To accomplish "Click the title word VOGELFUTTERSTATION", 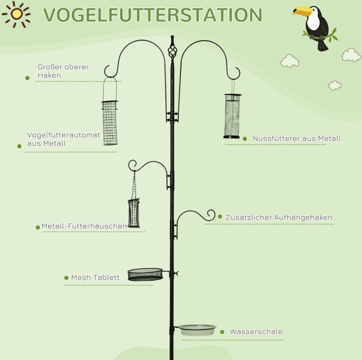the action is (153, 15).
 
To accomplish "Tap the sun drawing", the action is (16, 14).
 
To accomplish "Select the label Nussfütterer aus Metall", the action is (297, 139).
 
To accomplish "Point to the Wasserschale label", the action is (256, 332).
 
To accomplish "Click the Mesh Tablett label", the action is (96, 277).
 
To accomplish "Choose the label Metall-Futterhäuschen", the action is (84, 226).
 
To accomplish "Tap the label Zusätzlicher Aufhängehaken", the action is (279, 217).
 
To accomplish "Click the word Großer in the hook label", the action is (50, 67).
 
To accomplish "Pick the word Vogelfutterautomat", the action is (64, 135).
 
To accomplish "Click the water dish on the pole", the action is (197, 330).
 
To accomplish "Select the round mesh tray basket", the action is (145, 274).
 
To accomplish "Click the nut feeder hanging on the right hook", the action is (232, 116).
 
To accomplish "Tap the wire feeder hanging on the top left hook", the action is (110, 123).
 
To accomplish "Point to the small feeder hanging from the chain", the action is (133, 213).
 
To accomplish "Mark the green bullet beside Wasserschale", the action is (222, 332).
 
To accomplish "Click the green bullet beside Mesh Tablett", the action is (66, 278).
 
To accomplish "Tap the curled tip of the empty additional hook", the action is (211, 215).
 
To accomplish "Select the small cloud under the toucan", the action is (289, 61).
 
